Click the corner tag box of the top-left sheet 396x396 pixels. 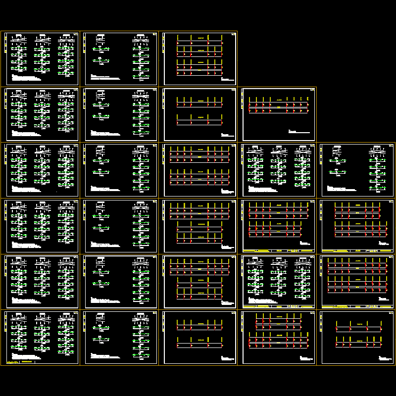[x=75, y=34]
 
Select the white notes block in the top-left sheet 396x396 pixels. [x=25, y=78]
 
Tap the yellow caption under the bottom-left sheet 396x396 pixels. [x=25, y=363]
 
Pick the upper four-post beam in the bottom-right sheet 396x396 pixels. [x=358, y=329]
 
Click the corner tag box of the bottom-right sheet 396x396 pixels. [x=391, y=313]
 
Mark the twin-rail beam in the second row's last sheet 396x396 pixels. [x=278, y=108]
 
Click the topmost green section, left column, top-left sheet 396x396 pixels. [x=19, y=49]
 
